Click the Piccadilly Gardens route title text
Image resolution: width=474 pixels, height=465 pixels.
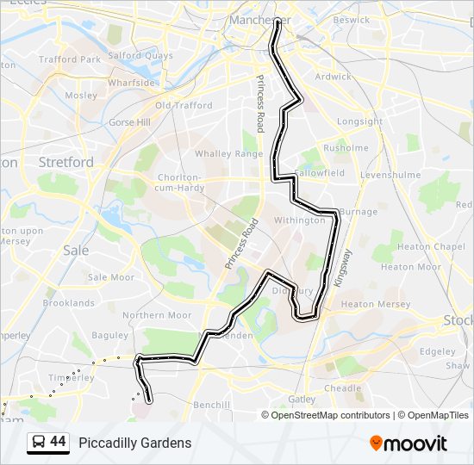(135, 443)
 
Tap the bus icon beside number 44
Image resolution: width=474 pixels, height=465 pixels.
(39, 443)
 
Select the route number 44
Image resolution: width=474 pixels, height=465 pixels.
(58, 442)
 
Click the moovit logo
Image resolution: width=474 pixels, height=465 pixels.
(409, 443)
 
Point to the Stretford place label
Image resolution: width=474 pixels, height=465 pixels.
(66, 162)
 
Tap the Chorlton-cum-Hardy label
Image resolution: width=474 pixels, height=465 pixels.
(179, 183)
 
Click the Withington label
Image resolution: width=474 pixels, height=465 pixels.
(299, 220)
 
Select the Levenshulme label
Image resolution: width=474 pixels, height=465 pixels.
(390, 175)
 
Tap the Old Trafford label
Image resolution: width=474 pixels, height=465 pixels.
(184, 106)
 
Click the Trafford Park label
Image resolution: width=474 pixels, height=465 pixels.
(70, 60)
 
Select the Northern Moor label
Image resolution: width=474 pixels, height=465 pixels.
(157, 315)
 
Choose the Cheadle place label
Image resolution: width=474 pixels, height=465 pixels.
(343, 388)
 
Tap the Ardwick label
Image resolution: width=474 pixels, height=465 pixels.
(334, 77)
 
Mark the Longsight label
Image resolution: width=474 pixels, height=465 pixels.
(359, 121)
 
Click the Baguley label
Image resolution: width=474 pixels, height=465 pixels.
(109, 335)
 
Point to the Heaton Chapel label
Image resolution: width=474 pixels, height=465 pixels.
(436, 246)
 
